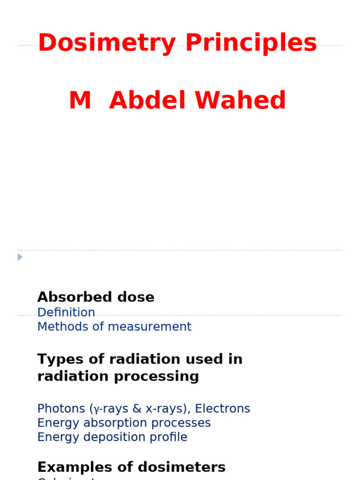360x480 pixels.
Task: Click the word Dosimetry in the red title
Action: click(107, 44)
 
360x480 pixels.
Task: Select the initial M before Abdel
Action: click(80, 101)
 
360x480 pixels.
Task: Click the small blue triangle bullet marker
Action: click(20, 257)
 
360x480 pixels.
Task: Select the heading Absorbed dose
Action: click(96, 297)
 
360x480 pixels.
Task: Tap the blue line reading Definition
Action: click(66, 313)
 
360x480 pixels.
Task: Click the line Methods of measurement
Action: click(114, 327)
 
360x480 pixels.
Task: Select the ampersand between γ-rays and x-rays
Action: click(137, 409)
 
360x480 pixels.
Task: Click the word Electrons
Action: click(223, 409)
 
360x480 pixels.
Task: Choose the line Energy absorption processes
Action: click(124, 423)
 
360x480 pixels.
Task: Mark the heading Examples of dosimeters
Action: click(131, 467)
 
